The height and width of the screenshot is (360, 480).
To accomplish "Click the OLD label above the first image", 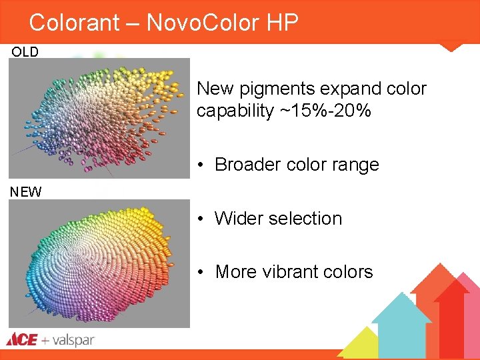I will (x=25, y=52).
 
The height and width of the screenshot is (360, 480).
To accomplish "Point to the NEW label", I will (x=25, y=192).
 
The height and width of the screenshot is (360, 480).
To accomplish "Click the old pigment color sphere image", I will (x=99, y=118).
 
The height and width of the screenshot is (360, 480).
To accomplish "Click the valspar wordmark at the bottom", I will (x=73, y=340).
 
